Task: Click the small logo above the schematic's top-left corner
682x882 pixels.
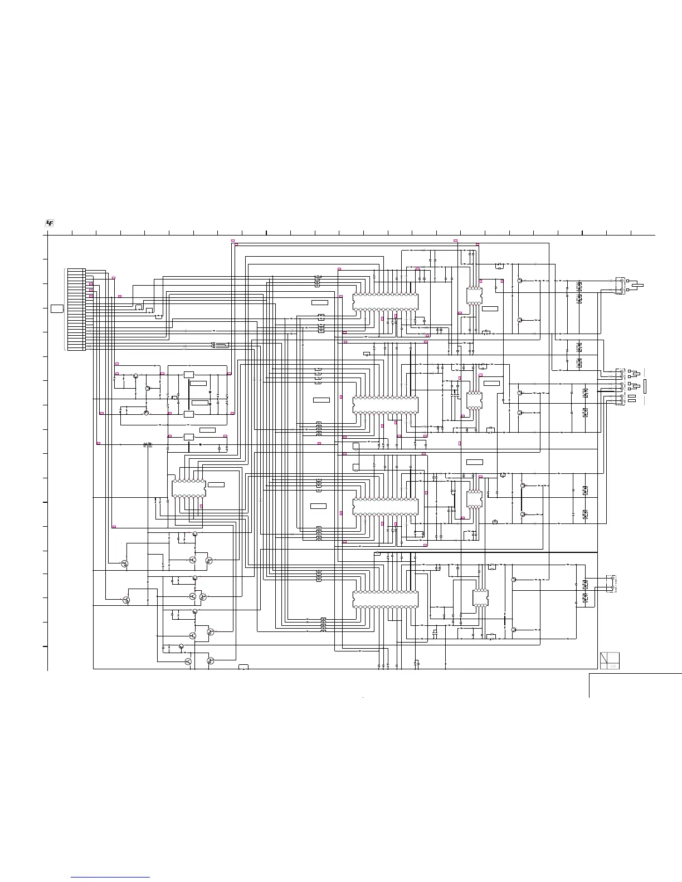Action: tap(50, 223)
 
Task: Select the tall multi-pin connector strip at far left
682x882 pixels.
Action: tap(76, 310)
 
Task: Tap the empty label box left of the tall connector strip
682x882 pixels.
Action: tap(57, 308)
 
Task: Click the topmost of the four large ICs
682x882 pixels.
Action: tap(385, 302)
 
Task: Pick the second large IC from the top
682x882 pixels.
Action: tap(385, 405)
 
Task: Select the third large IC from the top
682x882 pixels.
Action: tap(385, 507)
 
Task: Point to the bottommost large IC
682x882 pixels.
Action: tap(385, 600)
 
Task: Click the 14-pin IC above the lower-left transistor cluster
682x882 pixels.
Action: tap(189, 488)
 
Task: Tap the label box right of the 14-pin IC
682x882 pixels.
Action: tap(216, 485)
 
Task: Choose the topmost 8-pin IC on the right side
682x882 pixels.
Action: tap(474, 296)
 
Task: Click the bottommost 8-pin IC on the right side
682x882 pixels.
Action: tap(480, 597)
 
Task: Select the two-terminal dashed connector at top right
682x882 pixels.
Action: tap(620, 286)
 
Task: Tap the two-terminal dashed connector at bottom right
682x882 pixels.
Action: tap(612, 584)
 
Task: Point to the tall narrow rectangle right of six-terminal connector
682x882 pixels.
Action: tap(645, 385)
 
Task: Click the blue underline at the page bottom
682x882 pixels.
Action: tap(111, 878)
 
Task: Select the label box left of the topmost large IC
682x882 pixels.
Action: tap(320, 302)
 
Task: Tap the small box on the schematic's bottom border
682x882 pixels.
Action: tap(243, 667)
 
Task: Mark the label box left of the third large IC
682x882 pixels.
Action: tap(318, 506)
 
